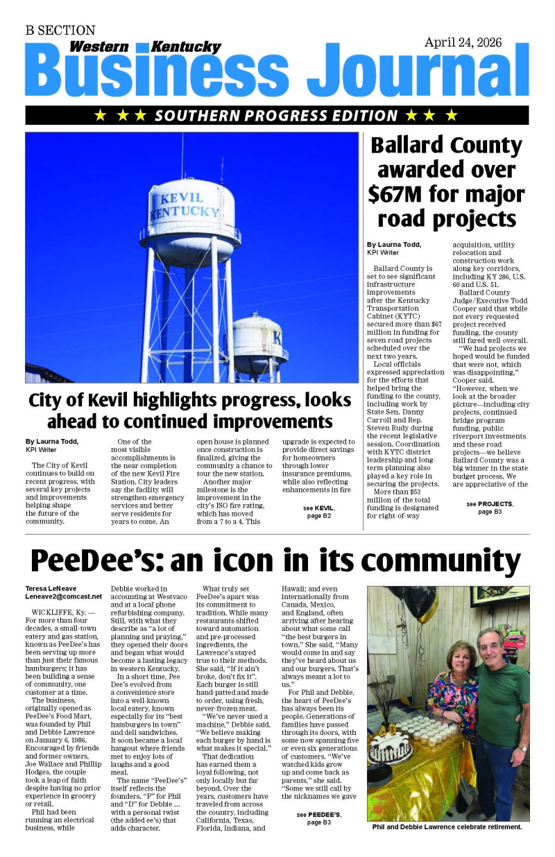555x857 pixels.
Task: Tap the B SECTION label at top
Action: [x=60, y=31]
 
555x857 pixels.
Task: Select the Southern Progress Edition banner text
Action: [x=276, y=115]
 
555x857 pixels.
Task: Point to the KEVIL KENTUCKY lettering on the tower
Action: [x=183, y=205]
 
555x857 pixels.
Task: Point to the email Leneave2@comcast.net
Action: [x=64, y=596]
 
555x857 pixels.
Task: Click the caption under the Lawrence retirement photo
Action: [x=447, y=827]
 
